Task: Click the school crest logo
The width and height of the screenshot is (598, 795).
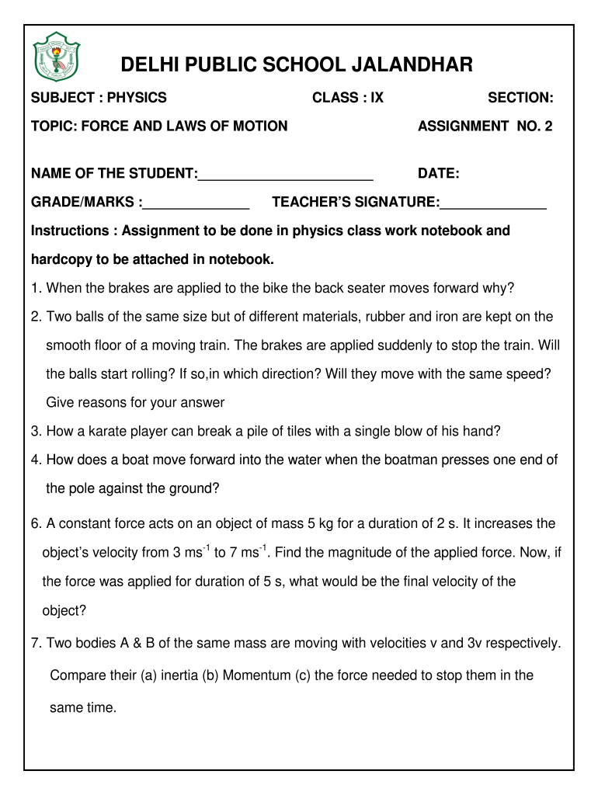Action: point(56,57)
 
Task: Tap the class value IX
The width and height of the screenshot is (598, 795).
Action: point(376,98)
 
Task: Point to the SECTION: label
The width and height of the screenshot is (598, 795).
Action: point(520,98)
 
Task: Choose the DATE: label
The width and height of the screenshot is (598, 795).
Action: point(438,173)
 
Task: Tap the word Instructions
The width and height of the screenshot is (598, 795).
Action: point(69,231)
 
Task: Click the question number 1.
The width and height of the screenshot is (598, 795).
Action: point(36,289)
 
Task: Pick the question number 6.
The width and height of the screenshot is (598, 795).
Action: point(36,524)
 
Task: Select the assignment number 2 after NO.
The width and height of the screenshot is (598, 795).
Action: point(548,126)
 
